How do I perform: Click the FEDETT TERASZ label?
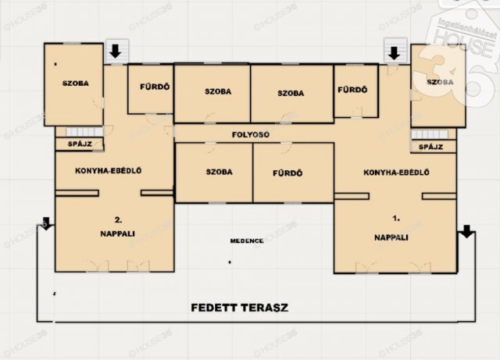[x=240, y=308]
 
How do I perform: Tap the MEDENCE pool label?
[x=247, y=241]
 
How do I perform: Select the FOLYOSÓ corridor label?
[x=251, y=134]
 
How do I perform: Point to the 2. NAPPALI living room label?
[x=118, y=226]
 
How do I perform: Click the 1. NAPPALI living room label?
[x=391, y=228]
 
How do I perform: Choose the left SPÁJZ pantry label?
[x=80, y=144]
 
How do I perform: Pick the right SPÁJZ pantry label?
[x=430, y=147]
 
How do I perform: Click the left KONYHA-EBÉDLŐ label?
[x=109, y=170]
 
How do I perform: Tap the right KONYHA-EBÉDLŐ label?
[x=396, y=173]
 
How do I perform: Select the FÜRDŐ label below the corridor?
[x=287, y=173]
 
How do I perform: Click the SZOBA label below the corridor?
[x=219, y=172]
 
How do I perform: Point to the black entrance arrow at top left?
[x=115, y=51]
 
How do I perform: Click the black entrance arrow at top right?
[x=395, y=53]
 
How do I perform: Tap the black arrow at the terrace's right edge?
[x=467, y=231]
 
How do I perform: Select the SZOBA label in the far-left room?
[x=76, y=84]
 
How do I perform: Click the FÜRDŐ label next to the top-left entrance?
[x=155, y=87]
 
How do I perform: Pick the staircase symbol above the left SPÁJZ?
[x=85, y=132]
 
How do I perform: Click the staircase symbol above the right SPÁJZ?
[x=429, y=134]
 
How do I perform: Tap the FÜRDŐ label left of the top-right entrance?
[x=352, y=90]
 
